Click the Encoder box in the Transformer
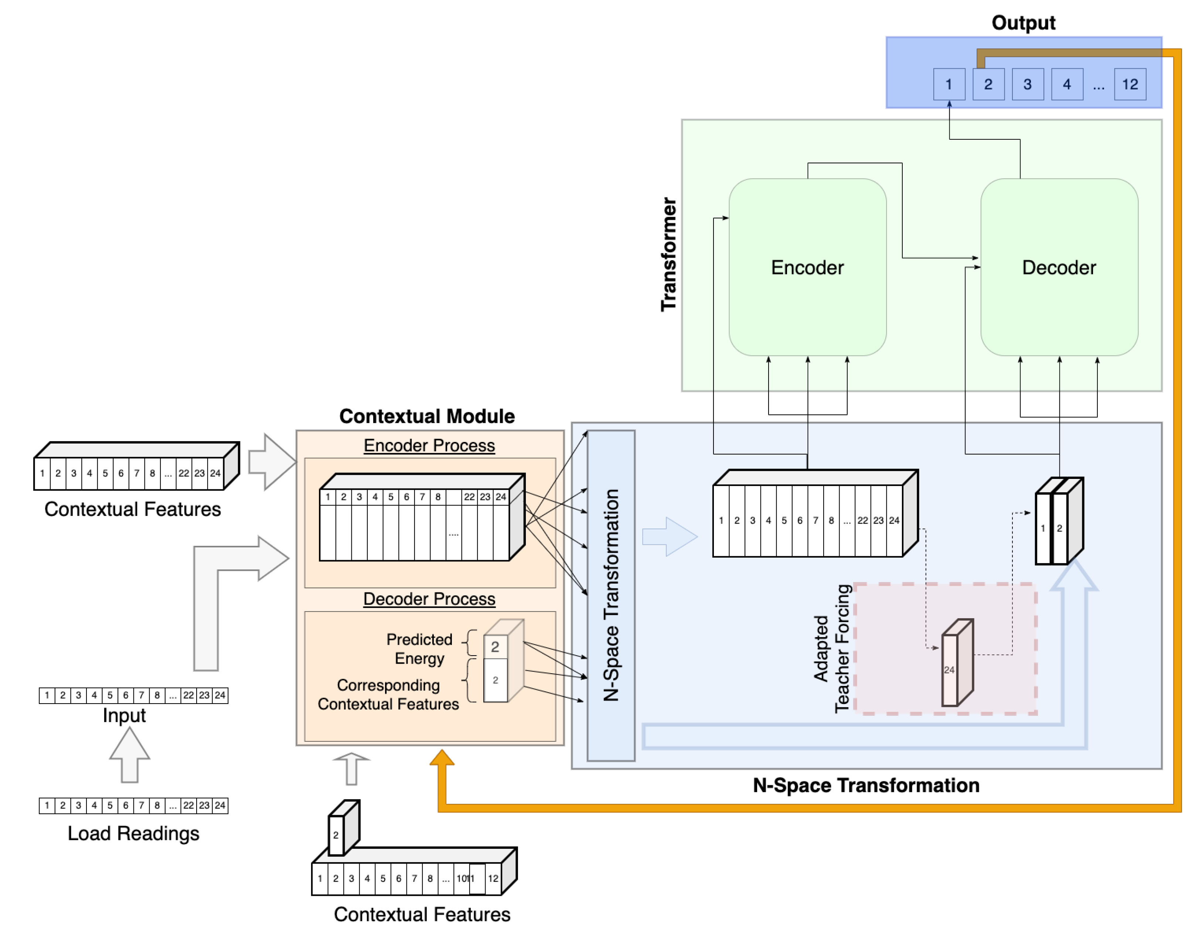tap(807, 268)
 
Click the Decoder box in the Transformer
tap(1059, 268)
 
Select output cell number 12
tap(1130, 84)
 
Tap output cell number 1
tap(949, 84)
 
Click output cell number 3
tap(1027, 84)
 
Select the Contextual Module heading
tap(427, 416)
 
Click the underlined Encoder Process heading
tap(429, 445)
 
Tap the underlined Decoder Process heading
tap(429, 599)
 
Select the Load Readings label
tap(133, 833)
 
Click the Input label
tap(125, 715)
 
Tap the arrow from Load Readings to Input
tap(129, 756)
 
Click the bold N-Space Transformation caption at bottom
tap(866, 785)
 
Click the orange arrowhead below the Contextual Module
tap(442, 758)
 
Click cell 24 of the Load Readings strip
tap(220, 806)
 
